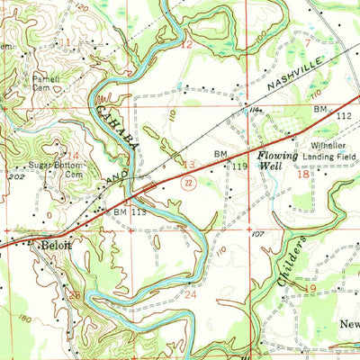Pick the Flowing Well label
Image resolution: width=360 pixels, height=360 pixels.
pos(277,159)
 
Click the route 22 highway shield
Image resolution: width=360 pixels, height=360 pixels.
pos(185,183)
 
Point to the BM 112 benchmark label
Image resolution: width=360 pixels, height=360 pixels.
pos(329,112)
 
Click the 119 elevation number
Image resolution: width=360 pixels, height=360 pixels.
pos(238,166)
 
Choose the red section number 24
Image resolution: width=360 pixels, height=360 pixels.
pos(190,293)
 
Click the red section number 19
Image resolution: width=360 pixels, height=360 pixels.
pos(310,290)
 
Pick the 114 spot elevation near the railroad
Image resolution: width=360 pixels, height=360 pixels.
pos(255,110)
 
